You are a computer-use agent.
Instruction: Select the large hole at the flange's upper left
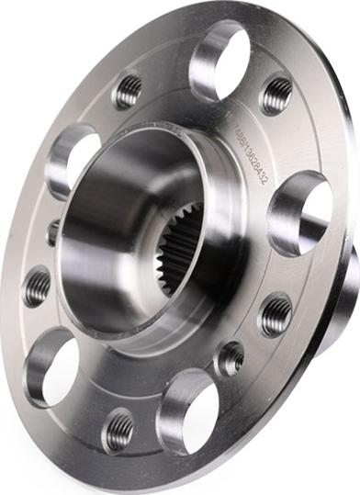(73, 158)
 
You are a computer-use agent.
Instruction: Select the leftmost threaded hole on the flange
(38, 287)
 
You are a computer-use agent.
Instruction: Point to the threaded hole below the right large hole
(276, 315)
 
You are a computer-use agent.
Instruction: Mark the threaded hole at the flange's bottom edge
(118, 430)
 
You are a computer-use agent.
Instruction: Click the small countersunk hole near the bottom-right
(231, 357)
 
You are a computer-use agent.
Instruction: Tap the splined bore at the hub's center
(179, 246)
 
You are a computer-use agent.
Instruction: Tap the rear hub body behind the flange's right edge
(345, 303)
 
